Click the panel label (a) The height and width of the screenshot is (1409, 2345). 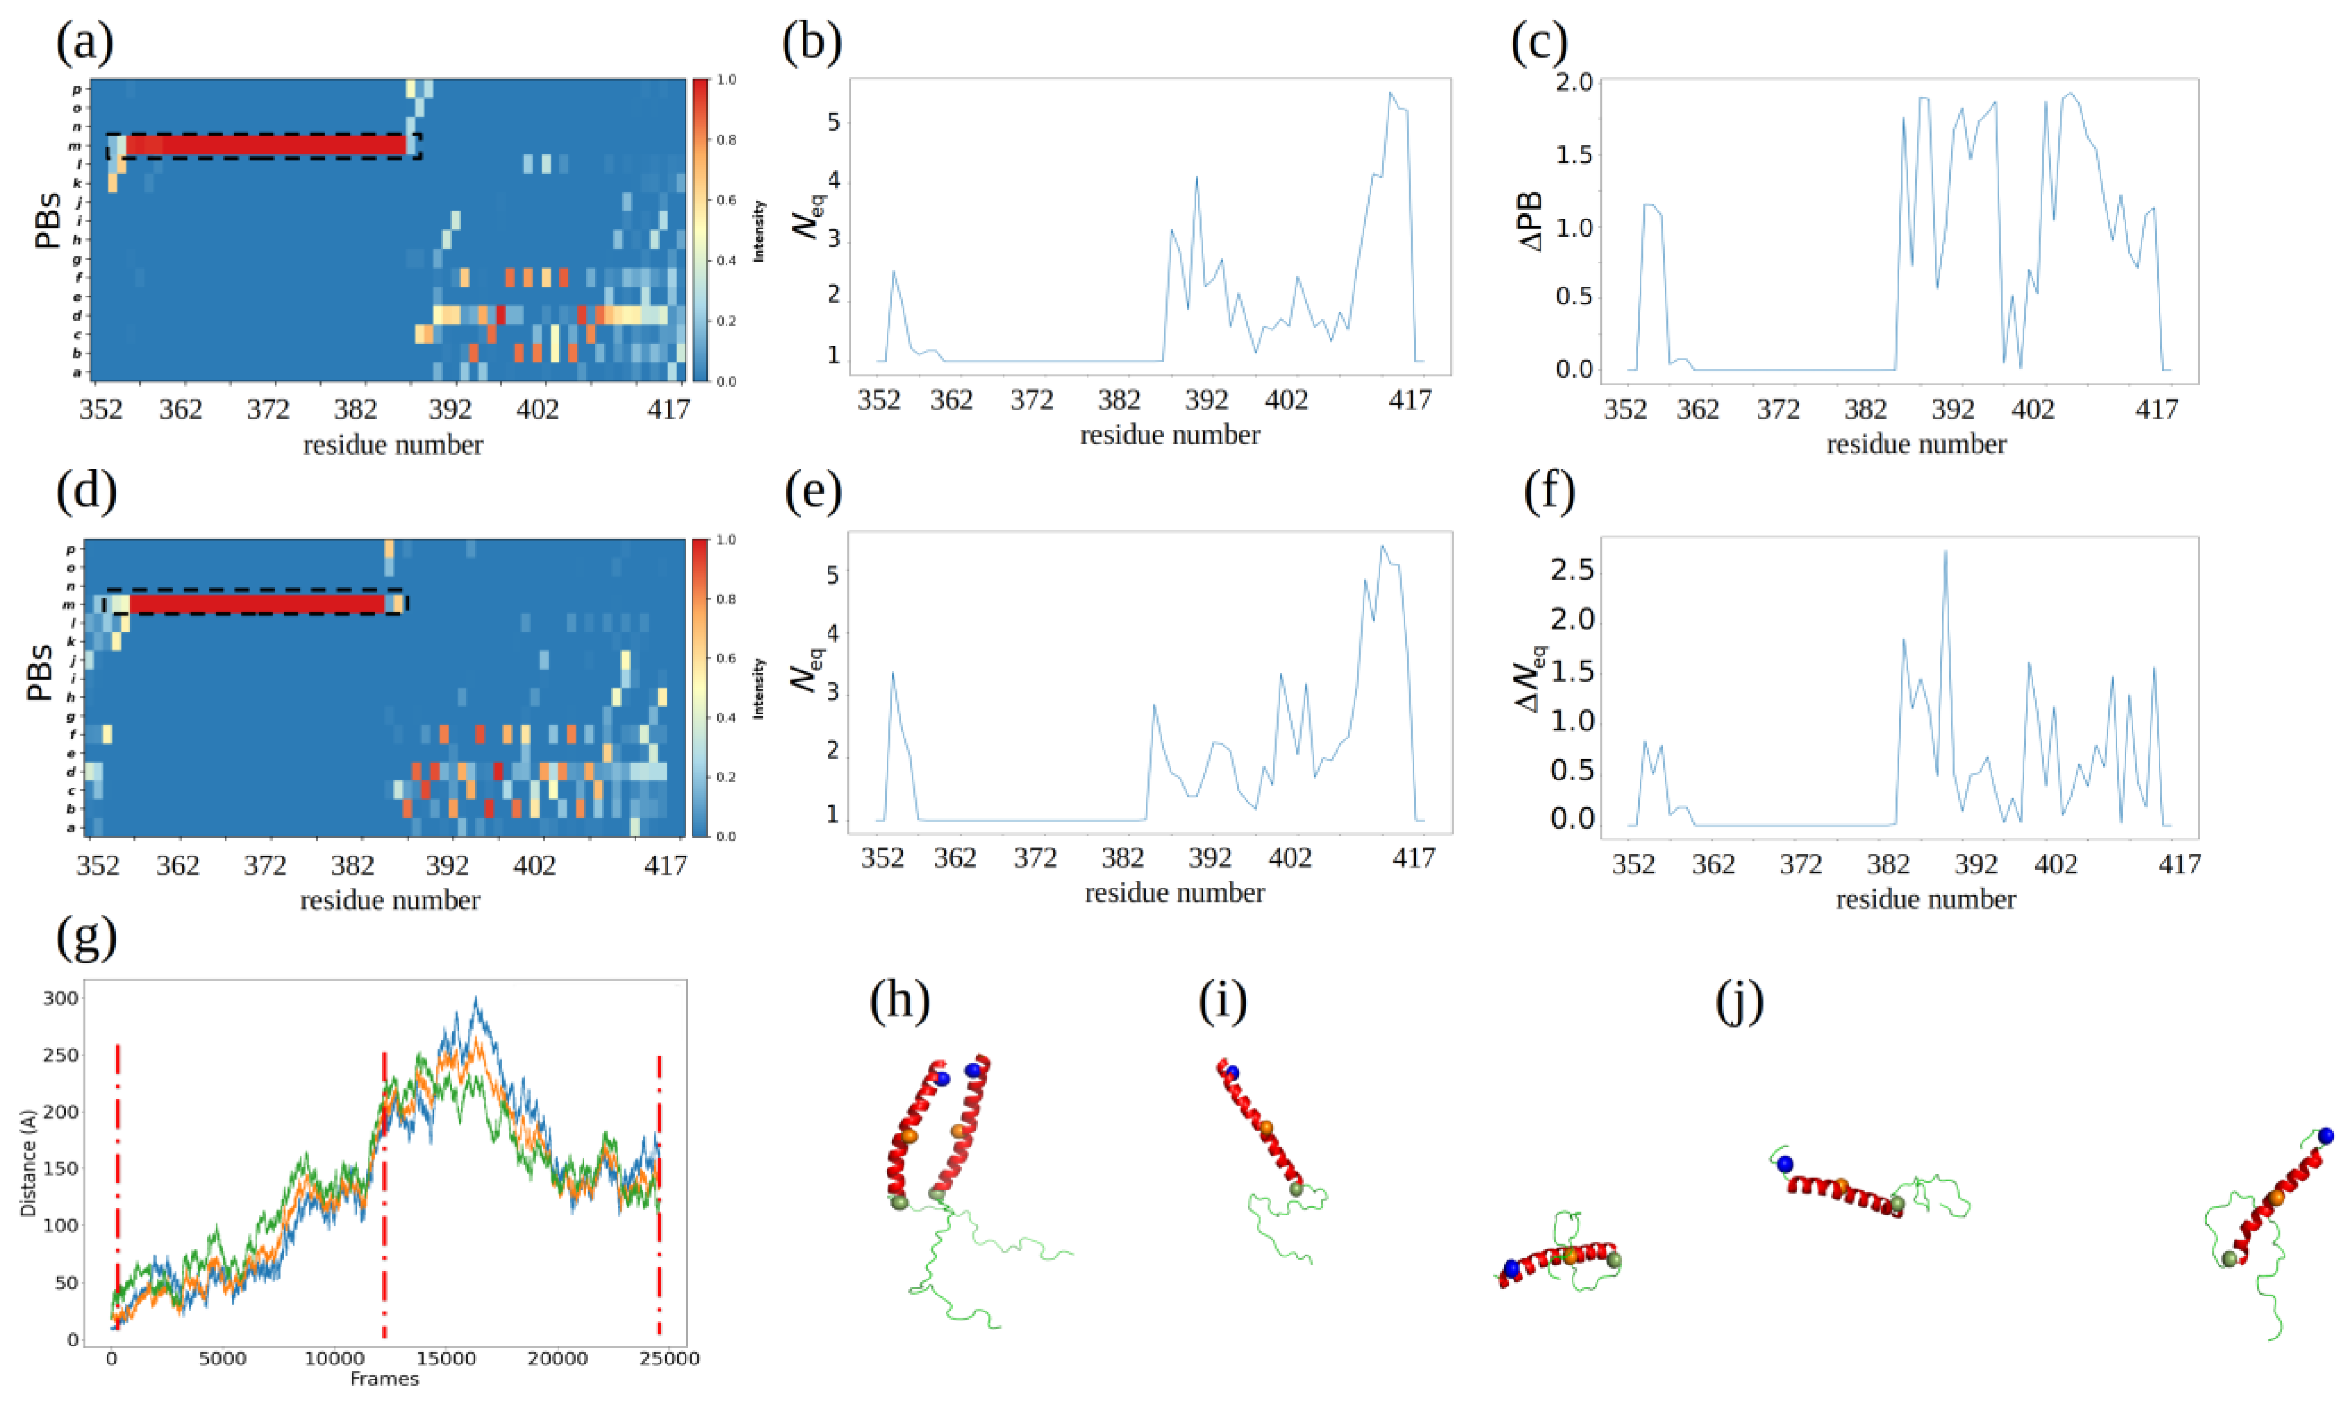click(x=85, y=43)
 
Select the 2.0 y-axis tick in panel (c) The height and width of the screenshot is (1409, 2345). click(x=1573, y=83)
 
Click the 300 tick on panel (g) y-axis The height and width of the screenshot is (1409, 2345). click(x=61, y=998)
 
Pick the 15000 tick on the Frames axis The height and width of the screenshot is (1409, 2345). click(x=446, y=1359)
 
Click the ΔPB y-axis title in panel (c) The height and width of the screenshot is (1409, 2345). click(x=1531, y=220)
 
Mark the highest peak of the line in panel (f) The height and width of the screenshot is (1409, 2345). click(x=1945, y=552)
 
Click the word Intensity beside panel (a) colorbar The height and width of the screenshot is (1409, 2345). click(x=758, y=231)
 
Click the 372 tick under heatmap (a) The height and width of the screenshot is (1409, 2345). click(x=268, y=409)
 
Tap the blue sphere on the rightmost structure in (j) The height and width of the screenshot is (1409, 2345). click(x=2325, y=1136)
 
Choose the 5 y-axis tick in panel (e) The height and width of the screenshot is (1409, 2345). click(x=833, y=576)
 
